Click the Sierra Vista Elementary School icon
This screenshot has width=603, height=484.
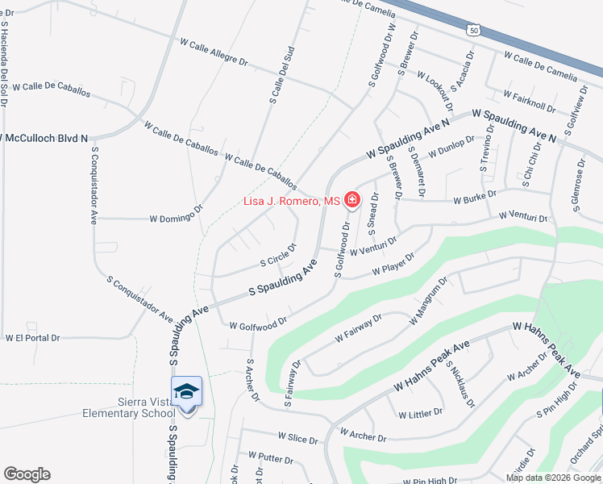pyautogui.click(x=187, y=393)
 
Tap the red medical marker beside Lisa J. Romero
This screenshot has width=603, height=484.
pyautogui.click(x=352, y=199)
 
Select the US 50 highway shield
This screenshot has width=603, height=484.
pyautogui.click(x=473, y=30)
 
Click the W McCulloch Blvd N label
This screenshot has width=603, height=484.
pyautogui.click(x=44, y=139)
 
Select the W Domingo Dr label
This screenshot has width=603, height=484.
pyautogui.click(x=176, y=218)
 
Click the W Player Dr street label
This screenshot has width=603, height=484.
pyautogui.click(x=393, y=264)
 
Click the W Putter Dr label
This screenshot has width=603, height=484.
pyautogui.click(x=271, y=458)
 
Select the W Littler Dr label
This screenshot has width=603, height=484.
pyautogui.click(x=420, y=413)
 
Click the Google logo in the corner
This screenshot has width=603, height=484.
pyautogui.click(x=27, y=474)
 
